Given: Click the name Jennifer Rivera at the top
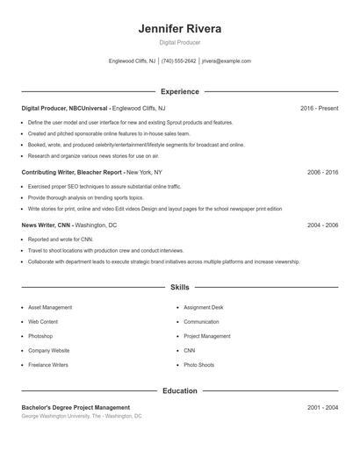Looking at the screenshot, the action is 179,29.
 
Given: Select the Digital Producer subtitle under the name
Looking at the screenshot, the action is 179,42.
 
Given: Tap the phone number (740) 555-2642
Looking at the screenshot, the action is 178,61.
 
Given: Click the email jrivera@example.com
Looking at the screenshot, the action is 226,61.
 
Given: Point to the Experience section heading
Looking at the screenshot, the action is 179,91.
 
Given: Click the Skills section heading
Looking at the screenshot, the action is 179,287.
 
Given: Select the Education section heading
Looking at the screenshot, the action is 179,390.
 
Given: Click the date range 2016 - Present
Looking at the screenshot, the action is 319,108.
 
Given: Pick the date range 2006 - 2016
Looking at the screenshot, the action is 322,173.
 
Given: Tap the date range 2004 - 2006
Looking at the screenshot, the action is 322,225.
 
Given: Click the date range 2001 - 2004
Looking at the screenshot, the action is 322,407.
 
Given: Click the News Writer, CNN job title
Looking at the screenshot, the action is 69,225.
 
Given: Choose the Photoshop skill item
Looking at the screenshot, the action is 40,336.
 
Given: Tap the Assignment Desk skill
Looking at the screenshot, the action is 203,308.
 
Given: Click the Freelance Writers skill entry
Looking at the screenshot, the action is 47,364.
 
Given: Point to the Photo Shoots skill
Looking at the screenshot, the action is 198,364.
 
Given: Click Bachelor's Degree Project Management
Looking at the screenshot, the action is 76,407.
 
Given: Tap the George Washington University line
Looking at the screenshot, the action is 81,416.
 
